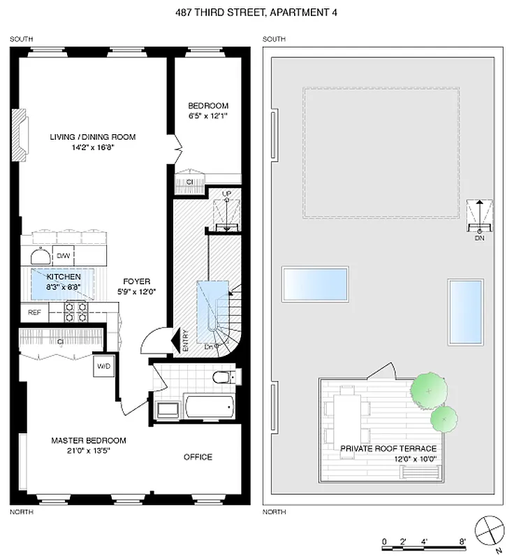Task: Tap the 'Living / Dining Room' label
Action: (92, 137)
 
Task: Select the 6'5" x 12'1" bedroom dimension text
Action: (207, 116)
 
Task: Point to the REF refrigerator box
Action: (34, 312)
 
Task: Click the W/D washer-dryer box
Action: (103, 365)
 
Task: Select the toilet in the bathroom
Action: (225, 377)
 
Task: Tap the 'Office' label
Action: (198, 457)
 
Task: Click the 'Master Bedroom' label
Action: (89, 440)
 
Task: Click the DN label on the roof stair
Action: (479, 238)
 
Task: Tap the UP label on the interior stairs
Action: (226, 193)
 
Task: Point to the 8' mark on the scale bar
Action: (462, 541)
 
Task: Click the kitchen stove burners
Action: (77, 312)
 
